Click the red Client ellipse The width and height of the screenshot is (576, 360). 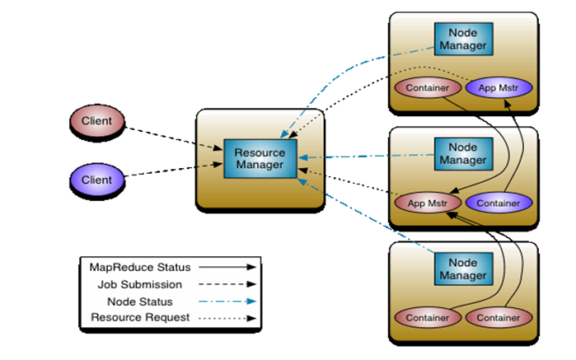[x=97, y=121]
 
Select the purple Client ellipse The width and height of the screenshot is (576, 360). [x=97, y=180]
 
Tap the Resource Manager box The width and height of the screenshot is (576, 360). [x=260, y=159]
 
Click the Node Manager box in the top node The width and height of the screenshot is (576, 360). [x=463, y=39]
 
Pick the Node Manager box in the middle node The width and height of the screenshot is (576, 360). [x=463, y=154]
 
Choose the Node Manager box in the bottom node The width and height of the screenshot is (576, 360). [x=463, y=269]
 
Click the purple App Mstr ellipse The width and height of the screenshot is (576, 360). [x=499, y=88]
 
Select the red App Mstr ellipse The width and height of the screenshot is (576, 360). [x=428, y=203]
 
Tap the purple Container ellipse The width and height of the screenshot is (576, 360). [x=499, y=203]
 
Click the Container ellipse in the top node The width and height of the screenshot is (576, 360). [x=428, y=88]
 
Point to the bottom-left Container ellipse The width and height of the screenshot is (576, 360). [x=428, y=317]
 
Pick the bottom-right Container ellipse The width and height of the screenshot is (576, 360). [x=499, y=317]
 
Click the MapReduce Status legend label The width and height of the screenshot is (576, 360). [x=140, y=268]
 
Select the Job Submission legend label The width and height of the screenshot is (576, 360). [x=139, y=284]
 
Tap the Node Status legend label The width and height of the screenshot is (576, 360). [x=139, y=302]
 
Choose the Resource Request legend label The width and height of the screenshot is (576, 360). [x=140, y=317]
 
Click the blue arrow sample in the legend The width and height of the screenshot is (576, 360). [x=227, y=302]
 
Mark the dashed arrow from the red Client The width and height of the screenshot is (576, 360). [x=174, y=138]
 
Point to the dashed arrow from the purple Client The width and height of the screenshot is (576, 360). [x=174, y=170]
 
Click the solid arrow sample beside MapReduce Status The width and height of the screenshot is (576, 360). [x=227, y=267]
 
